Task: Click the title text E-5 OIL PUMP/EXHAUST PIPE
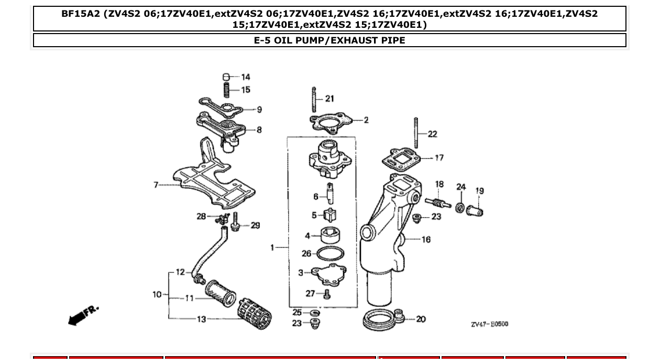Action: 329,40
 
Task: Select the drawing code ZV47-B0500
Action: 489,324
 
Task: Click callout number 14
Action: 246,77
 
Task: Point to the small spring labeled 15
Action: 227,90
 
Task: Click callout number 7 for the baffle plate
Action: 156,185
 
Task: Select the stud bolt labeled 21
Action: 314,99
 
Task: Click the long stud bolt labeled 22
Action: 416,133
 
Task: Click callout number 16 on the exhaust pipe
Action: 426,239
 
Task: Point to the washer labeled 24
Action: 460,207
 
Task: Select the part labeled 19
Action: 476,211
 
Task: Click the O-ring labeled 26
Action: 331,254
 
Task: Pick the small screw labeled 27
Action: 327,294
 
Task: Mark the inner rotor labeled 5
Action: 330,215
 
